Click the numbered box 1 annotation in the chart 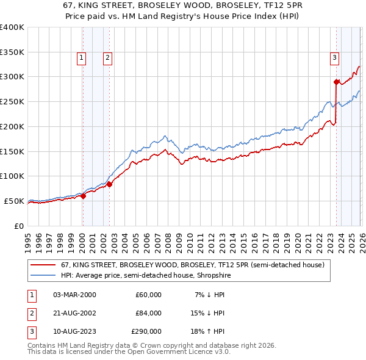coord(81,58)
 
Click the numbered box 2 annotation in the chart coord(107,58)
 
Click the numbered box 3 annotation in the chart coord(335,58)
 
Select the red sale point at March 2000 coord(83,196)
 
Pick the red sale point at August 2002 coord(109,184)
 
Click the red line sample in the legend coord(44,265)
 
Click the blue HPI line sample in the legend coord(44,276)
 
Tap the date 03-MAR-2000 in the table coord(74,295)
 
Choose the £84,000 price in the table coord(148,313)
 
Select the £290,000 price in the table coord(146,332)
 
